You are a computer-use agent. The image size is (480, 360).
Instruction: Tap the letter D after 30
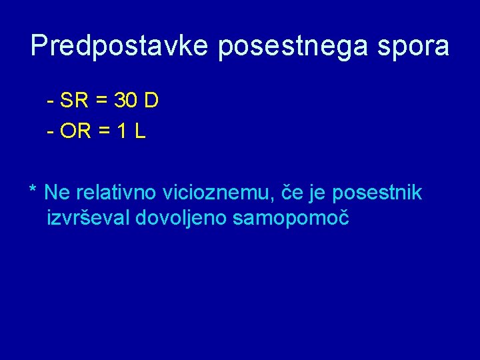coord(151,101)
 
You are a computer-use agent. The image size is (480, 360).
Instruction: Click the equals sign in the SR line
coord(102,102)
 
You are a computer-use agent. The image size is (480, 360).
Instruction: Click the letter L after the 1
coord(139,132)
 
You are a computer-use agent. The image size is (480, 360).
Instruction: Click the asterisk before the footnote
coord(33,191)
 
